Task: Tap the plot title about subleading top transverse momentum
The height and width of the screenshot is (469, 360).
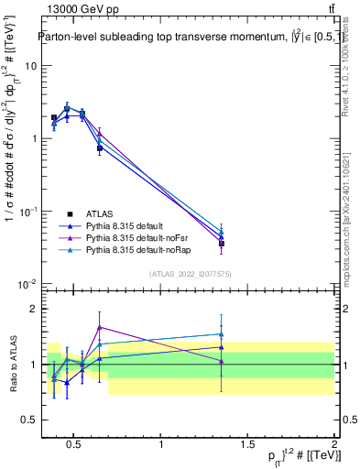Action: point(183,38)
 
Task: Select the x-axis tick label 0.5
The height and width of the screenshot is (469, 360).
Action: point(75,445)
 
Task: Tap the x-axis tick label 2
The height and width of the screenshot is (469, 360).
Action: point(333,445)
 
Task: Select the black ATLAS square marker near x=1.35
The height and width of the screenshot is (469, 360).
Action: point(222,244)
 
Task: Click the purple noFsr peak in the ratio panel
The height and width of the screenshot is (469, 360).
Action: point(99,327)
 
